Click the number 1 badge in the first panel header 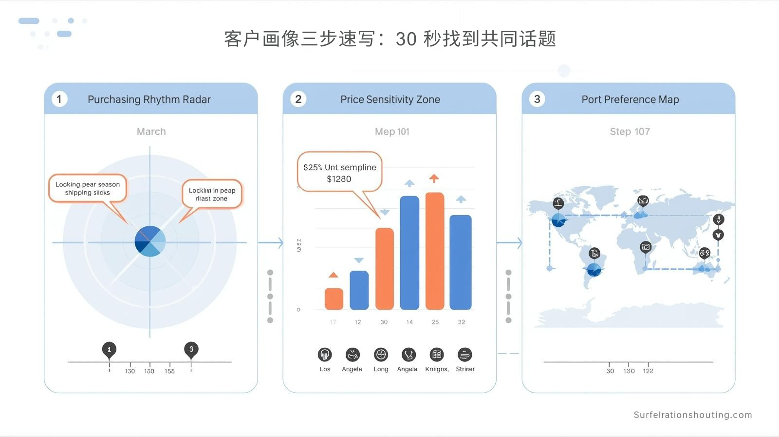pos(59,99)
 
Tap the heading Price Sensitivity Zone pos(390,99)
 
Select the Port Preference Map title pos(630,99)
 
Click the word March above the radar pos(151,132)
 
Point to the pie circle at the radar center pos(150,241)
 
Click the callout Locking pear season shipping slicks pos(88,188)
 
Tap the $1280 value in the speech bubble pos(339,179)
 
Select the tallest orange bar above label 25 pos(435,251)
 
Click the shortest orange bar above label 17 pos(334,298)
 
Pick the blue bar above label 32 pos(461,262)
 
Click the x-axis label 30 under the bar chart pos(384,322)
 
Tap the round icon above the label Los pos(325,355)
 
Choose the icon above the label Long pos(381,355)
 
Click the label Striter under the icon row pos(465,369)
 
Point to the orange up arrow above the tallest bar pos(434,179)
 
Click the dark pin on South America pos(594,254)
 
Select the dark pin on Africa pos(646,247)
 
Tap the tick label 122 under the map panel pos(648,371)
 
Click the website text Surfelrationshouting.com pos(692,415)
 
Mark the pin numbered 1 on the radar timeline pos(109,350)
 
